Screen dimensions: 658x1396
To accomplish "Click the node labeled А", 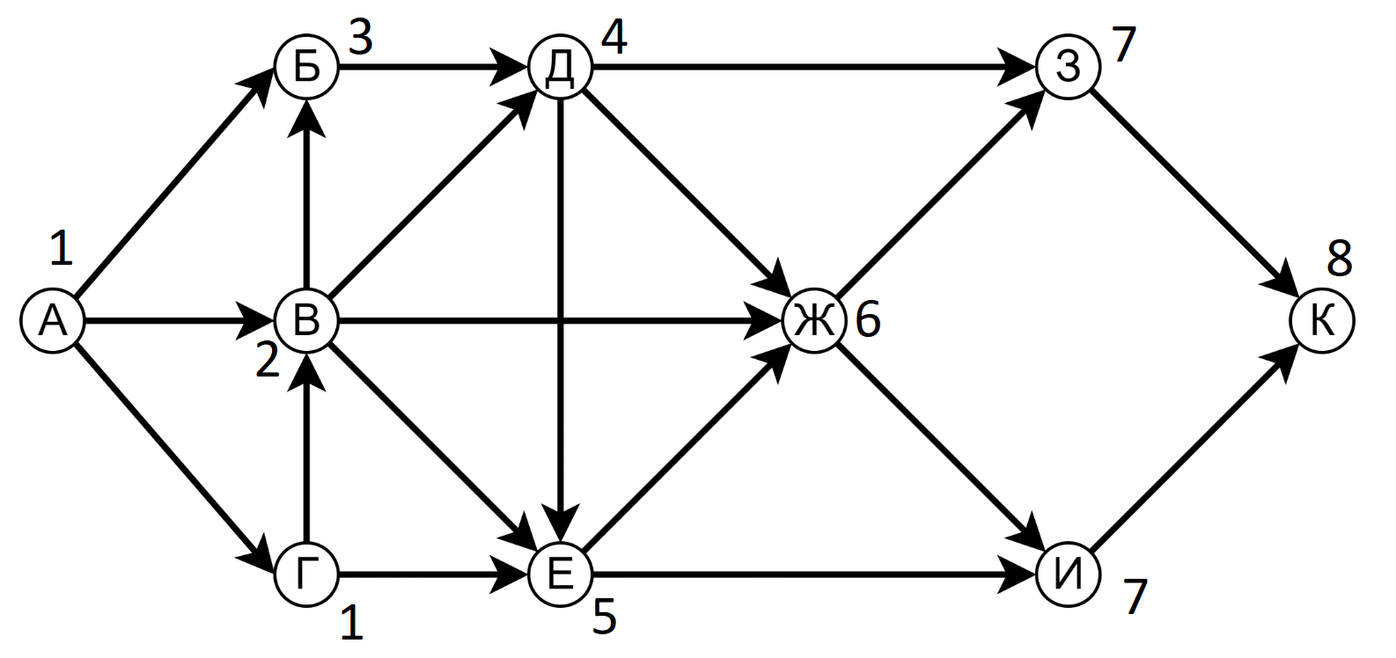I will click(53, 321).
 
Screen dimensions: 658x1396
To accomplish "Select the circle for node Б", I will click(306, 67).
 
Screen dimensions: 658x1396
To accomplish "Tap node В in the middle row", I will click(306, 321).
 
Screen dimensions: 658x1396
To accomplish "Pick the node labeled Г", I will click(306, 575).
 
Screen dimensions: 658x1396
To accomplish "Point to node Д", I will click(561, 67).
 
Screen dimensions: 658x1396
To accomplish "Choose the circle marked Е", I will click(561, 575).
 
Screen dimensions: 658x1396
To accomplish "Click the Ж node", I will click(814, 321).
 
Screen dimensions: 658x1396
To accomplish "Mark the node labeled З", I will click(1068, 67).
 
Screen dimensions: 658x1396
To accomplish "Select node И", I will click(1068, 575).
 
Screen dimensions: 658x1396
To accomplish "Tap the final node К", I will click(1322, 321).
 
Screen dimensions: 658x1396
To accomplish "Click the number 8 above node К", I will click(1339, 259).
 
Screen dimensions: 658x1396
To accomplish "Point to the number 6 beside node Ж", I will click(868, 321).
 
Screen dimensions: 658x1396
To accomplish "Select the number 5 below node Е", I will click(604, 618).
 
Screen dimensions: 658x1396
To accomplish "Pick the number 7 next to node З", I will click(1124, 45).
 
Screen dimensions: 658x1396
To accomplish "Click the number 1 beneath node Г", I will click(351, 624).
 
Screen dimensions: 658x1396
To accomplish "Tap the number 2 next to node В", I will click(267, 361).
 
